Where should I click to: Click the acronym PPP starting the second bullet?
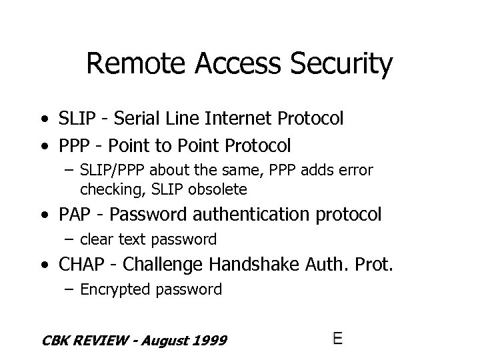pyautogui.click(x=71, y=145)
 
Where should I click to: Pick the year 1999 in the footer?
pyautogui.click(x=209, y=341)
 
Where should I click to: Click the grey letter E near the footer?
pyautogui.click(x=337, y=338)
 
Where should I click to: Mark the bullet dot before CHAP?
pyautogui.click(x=43, y=265)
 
